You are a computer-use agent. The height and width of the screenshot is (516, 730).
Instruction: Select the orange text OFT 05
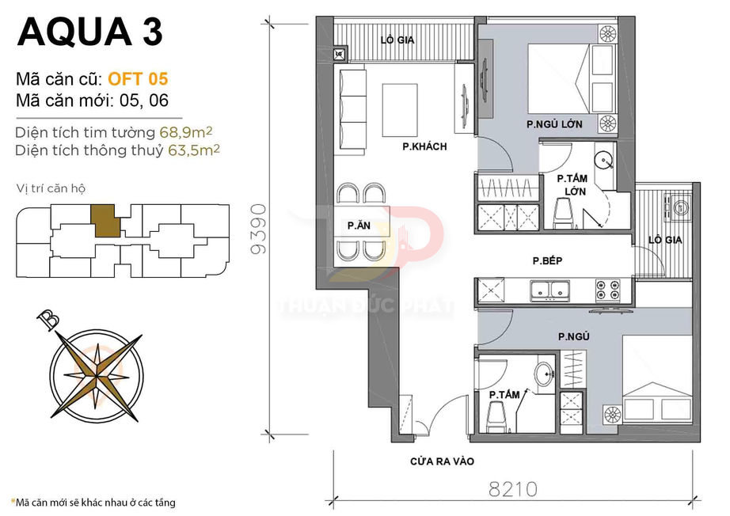pyautogui.click(x=137, y=79)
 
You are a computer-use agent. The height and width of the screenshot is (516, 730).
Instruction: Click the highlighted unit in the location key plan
pyautogui.click(x=106, y=220)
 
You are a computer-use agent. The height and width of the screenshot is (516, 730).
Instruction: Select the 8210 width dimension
pyautogui.click(x=513, y=488)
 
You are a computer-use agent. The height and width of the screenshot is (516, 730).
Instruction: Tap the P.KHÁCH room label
pyautogui.click(x=424, y=146)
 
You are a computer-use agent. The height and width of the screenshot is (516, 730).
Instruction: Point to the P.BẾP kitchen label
pyautogui.click(x=547, y=260)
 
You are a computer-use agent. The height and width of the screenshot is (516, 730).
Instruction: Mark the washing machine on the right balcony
pyautogui.click(x=679, y=208)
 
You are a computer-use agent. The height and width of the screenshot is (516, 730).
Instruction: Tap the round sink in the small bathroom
pyautogui.click(x=543, y=375)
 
